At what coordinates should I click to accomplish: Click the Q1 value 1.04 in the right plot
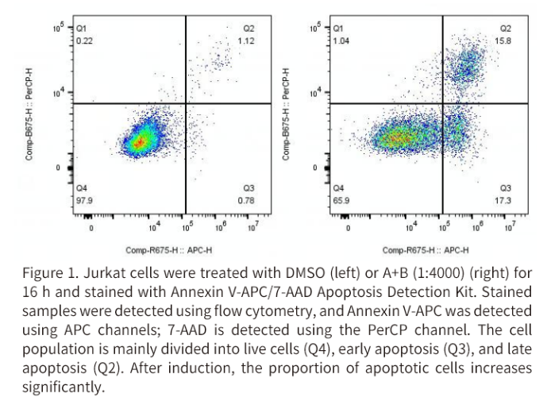pyautogui.click(x=341, y=40)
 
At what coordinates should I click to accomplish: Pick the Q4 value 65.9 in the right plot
pyautogui.click(x=341, y=200)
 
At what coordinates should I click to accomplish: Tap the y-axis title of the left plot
pyautogui.click(x=29, y=114)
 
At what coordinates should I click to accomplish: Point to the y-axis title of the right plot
pyautogui.click(x=287, y=114)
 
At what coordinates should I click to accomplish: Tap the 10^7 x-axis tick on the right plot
pyautogui.click(x=508, y=228)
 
